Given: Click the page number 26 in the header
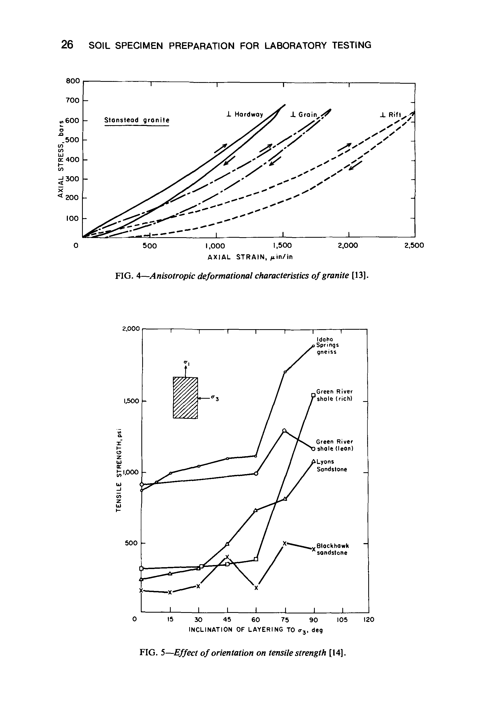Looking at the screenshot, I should click(x=67, y=45).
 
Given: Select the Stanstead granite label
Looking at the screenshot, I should click(x=137, y=120).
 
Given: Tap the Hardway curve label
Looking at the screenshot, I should click(x=245, y=114).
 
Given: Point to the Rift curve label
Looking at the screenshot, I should click(x=390, y=115).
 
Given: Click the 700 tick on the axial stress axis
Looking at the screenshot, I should click(x=73, y=100).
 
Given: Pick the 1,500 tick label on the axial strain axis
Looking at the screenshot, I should click(x=282, y=245).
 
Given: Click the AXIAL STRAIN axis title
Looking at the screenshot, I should click(x=250, y=257).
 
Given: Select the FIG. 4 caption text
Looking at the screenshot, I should click(x=241, y=276).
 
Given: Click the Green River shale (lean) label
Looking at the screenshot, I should click(x=335, y=445).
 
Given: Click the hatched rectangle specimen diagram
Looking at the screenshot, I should click(x=185, y=398).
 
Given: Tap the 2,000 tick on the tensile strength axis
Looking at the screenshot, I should click(x=131, y=329).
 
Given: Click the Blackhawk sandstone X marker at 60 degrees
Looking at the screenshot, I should click(x=256, y=588).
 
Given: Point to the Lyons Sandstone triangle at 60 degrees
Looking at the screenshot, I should click(x=255, y=510).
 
